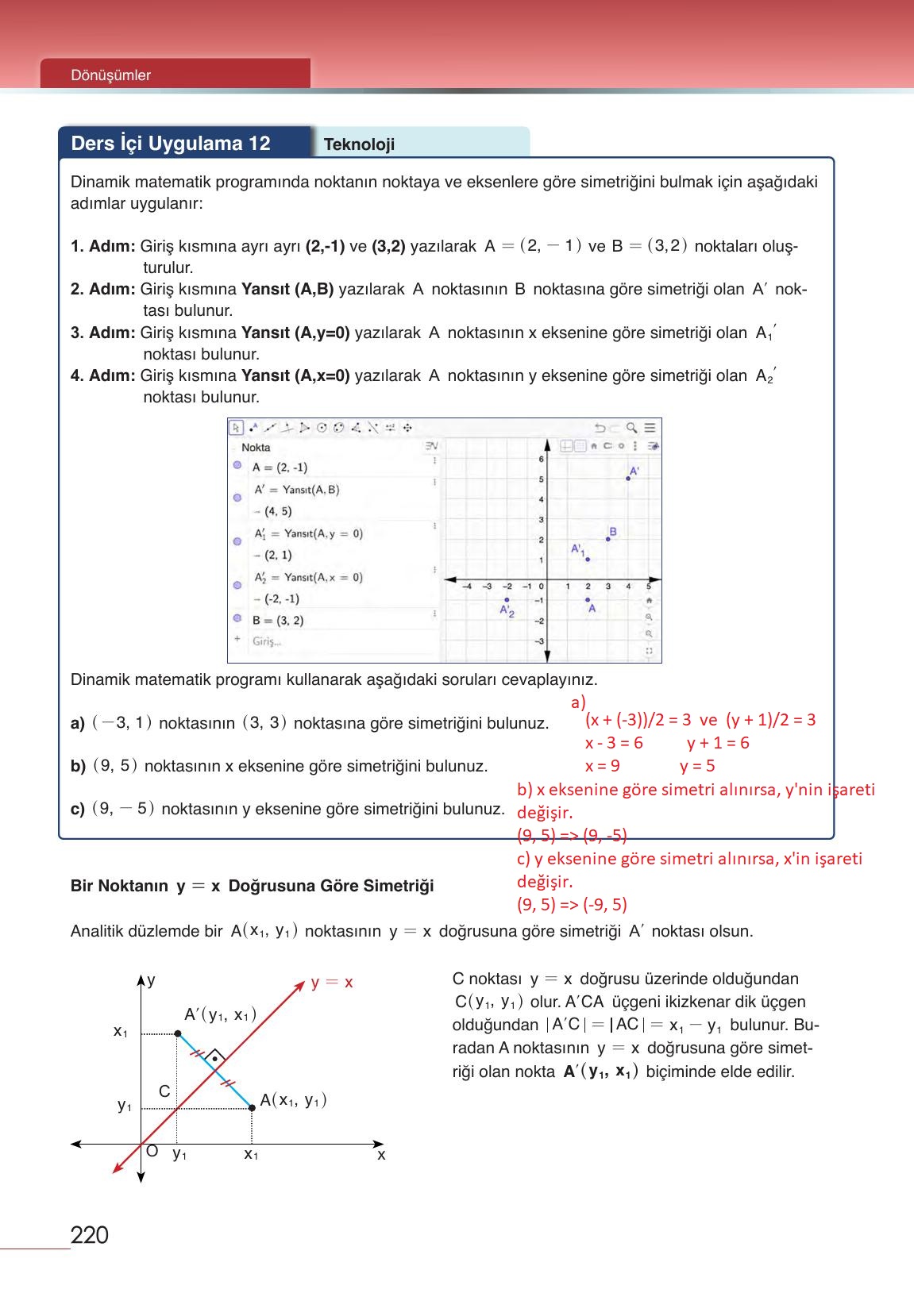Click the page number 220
(89, 1235)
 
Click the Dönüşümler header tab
(110, 75)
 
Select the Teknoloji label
(359, 144)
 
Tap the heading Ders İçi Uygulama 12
(171, 144)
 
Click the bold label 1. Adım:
(102, 246)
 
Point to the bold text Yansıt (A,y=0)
(295, 333)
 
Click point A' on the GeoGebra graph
(628, 478)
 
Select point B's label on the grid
(612, 532)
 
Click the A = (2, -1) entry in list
(280, 468)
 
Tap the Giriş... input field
(267, 641)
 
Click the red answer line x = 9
(602, 766)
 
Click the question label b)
(78, 767)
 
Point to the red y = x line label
(332, 983)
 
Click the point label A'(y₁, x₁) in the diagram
(220, 1014)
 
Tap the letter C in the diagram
(164, 1091)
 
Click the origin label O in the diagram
(152, 1150)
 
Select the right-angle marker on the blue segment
(214, 1057)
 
